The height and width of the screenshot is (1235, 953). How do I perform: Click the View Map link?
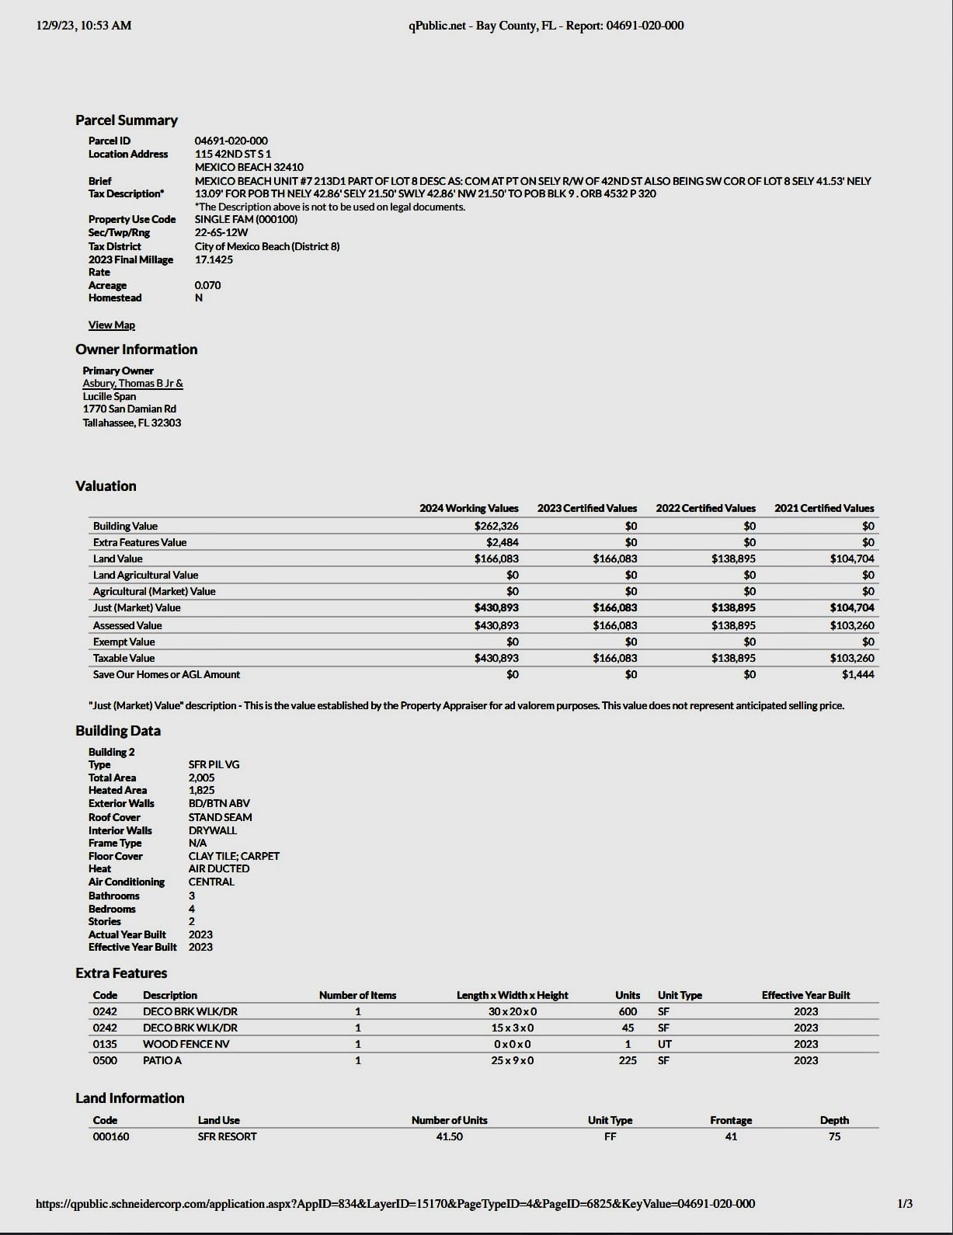[x=111, y=325]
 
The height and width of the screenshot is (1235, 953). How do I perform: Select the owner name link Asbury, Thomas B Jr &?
[x=133, y=383]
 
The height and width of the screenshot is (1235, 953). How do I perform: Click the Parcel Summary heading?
[x=127, y=120]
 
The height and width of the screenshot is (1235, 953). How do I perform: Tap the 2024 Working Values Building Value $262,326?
[x=496, y=526]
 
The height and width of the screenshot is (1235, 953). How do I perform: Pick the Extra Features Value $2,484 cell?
[x=502, y=542]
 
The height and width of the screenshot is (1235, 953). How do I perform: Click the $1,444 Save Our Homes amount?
[x=857, y=674]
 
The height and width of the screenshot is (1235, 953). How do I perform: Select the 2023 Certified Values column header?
[x=586, y=508]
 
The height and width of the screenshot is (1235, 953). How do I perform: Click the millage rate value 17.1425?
[x=214, y=259]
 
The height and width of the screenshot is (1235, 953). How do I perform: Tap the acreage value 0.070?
[x=207, y=285]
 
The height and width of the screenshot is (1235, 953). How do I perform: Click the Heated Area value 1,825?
[x=201, y=790]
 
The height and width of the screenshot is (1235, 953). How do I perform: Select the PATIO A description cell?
[x=162, y=1060]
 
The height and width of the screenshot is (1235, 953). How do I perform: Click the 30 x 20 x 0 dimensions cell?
[x=512, y=1011]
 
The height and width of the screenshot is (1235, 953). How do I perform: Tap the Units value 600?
[x=627, y=1011]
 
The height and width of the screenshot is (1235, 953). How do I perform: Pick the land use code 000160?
[x=111, y=1136]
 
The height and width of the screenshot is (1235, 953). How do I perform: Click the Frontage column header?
[x=730, y=1120]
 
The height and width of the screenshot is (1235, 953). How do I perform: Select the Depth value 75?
[x=833, y=1136]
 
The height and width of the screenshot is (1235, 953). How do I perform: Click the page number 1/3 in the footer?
[x=904, y=1204]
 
